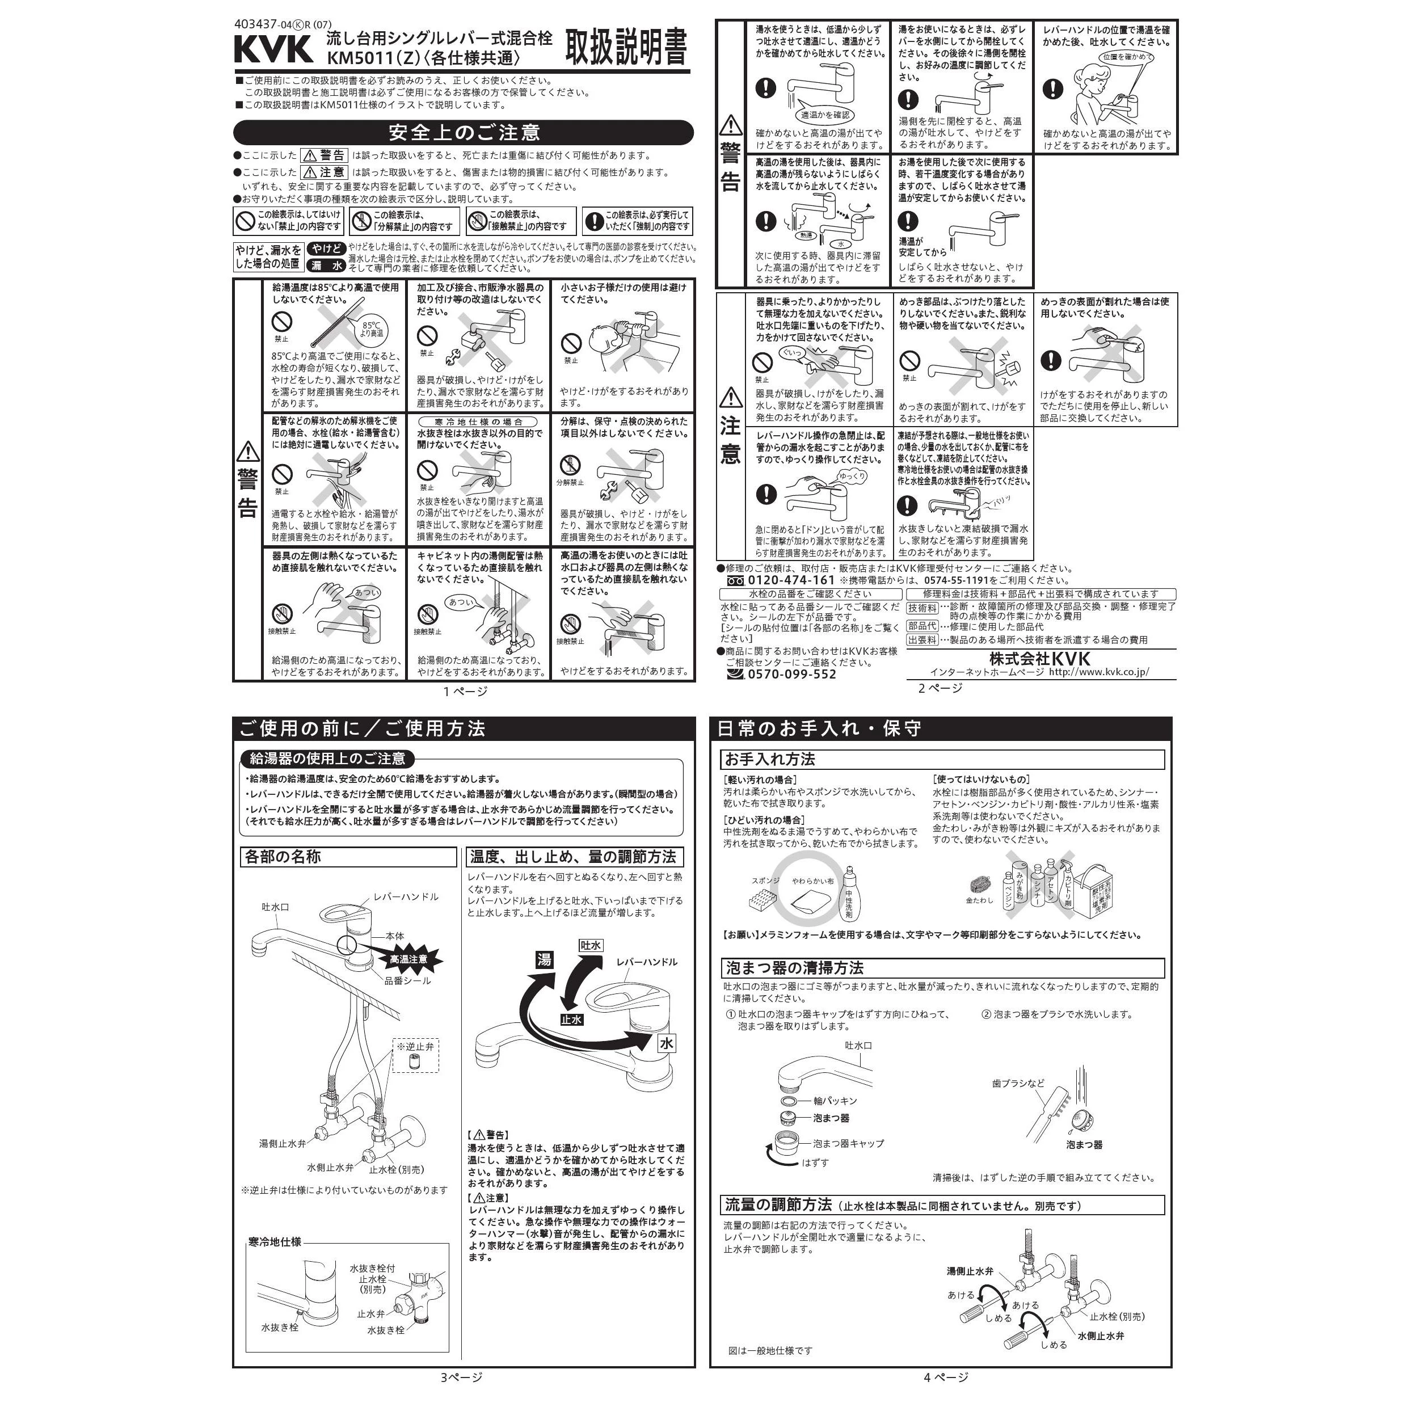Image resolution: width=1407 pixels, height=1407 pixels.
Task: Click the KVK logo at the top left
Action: coord(273,49)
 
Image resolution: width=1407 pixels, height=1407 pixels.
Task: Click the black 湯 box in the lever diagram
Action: coord(544,960)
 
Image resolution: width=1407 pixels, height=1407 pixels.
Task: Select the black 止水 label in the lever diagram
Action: coord(572,1020)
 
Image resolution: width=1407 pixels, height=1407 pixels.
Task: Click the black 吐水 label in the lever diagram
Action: coord(591,945)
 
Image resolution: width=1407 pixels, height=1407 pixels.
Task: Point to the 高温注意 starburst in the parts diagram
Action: coord(408,959)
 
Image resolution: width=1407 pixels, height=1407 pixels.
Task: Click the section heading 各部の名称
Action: coord(283,857)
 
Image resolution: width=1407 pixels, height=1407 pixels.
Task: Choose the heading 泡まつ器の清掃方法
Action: coord(794,968)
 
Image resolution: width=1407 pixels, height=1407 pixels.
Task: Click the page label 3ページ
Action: coord(461,1377)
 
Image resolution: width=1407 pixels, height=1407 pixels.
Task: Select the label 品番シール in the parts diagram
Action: coord(408,980)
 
